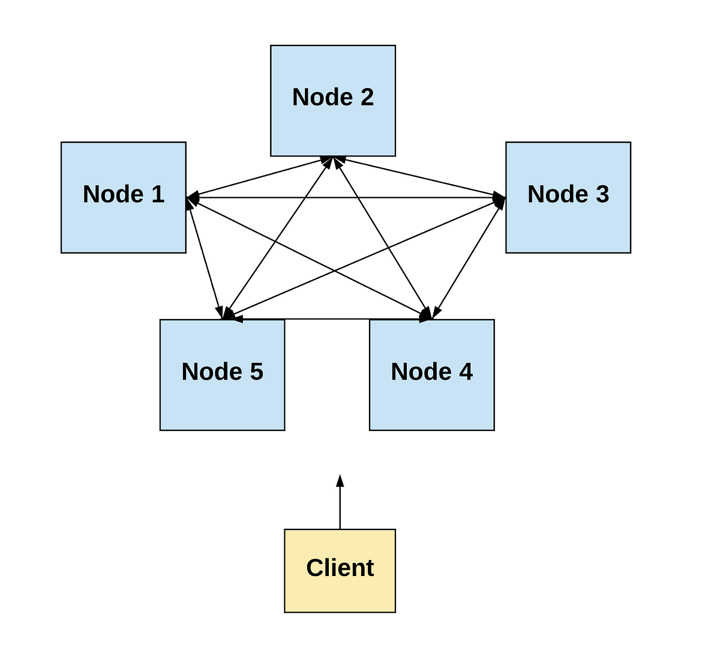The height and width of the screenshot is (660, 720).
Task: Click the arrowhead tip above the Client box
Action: pyautogui.click(x=340, y=477)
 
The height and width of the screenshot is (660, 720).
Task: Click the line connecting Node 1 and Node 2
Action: pyautogui.click(x=258, y=178)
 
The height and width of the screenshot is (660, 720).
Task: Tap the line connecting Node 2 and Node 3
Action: pyautogui.click(x=420, y=177)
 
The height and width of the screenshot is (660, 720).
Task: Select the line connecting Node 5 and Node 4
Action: pyautogui.click(x=327, y=319)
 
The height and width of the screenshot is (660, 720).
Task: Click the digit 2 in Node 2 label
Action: pyautogui.click(x=366, y=97)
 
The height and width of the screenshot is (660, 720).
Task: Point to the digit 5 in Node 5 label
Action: pyautogui.click(x=256, y=372)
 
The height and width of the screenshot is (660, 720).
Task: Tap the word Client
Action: pyautogui.click(x=340, y=568)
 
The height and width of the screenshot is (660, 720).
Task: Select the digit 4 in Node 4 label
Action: pyautogui.click(x=466, y=372)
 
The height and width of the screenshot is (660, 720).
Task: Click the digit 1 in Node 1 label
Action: pyautogui.click(x=157, y=194)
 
